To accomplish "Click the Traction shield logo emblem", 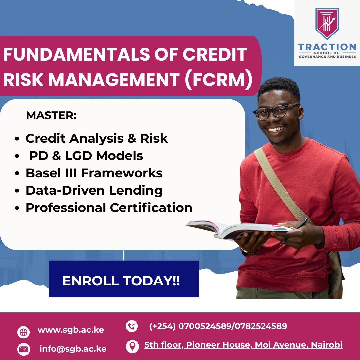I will [x=327, y=24].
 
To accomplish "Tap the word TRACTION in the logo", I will [x=327, y=47].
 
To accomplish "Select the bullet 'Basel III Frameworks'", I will [x=94, y=173].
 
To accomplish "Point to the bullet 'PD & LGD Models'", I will [x=86, y=156].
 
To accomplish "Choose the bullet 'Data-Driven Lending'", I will [x=94, y=190].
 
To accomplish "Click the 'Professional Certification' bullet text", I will [x=109, y=208].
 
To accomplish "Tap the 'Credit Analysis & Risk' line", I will [x=97, y=138].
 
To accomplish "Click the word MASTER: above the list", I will [x=51, y=116].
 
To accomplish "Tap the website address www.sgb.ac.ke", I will [x=71, y=330].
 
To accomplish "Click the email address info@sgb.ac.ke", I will [x=73, y=349].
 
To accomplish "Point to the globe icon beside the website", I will [x=23, y=332].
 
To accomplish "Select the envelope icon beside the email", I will [x=23, y=349].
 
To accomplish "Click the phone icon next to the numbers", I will [x=132, y=326].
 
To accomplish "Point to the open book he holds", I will [x=233, y=229].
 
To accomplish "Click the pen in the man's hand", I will [x=295, y=230].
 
